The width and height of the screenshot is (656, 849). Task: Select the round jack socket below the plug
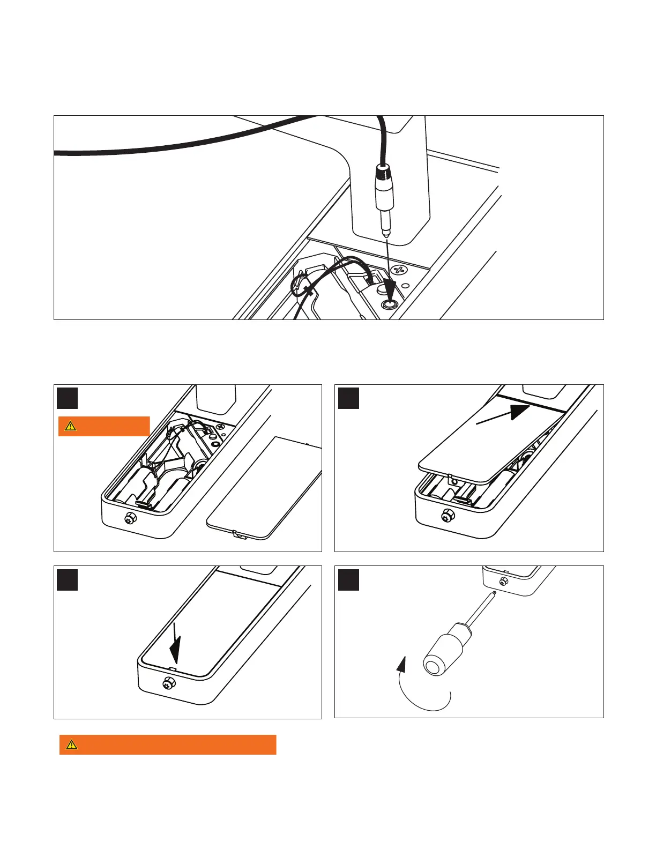(389, 304)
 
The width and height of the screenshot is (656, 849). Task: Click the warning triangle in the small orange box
(70, 427)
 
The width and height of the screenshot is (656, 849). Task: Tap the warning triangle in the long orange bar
(71, 744)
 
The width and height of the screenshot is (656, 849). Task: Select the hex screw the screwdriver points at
(503, 582)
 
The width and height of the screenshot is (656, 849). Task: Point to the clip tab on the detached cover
(239, 534)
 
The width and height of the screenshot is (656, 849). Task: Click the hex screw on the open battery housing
(130, 518)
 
